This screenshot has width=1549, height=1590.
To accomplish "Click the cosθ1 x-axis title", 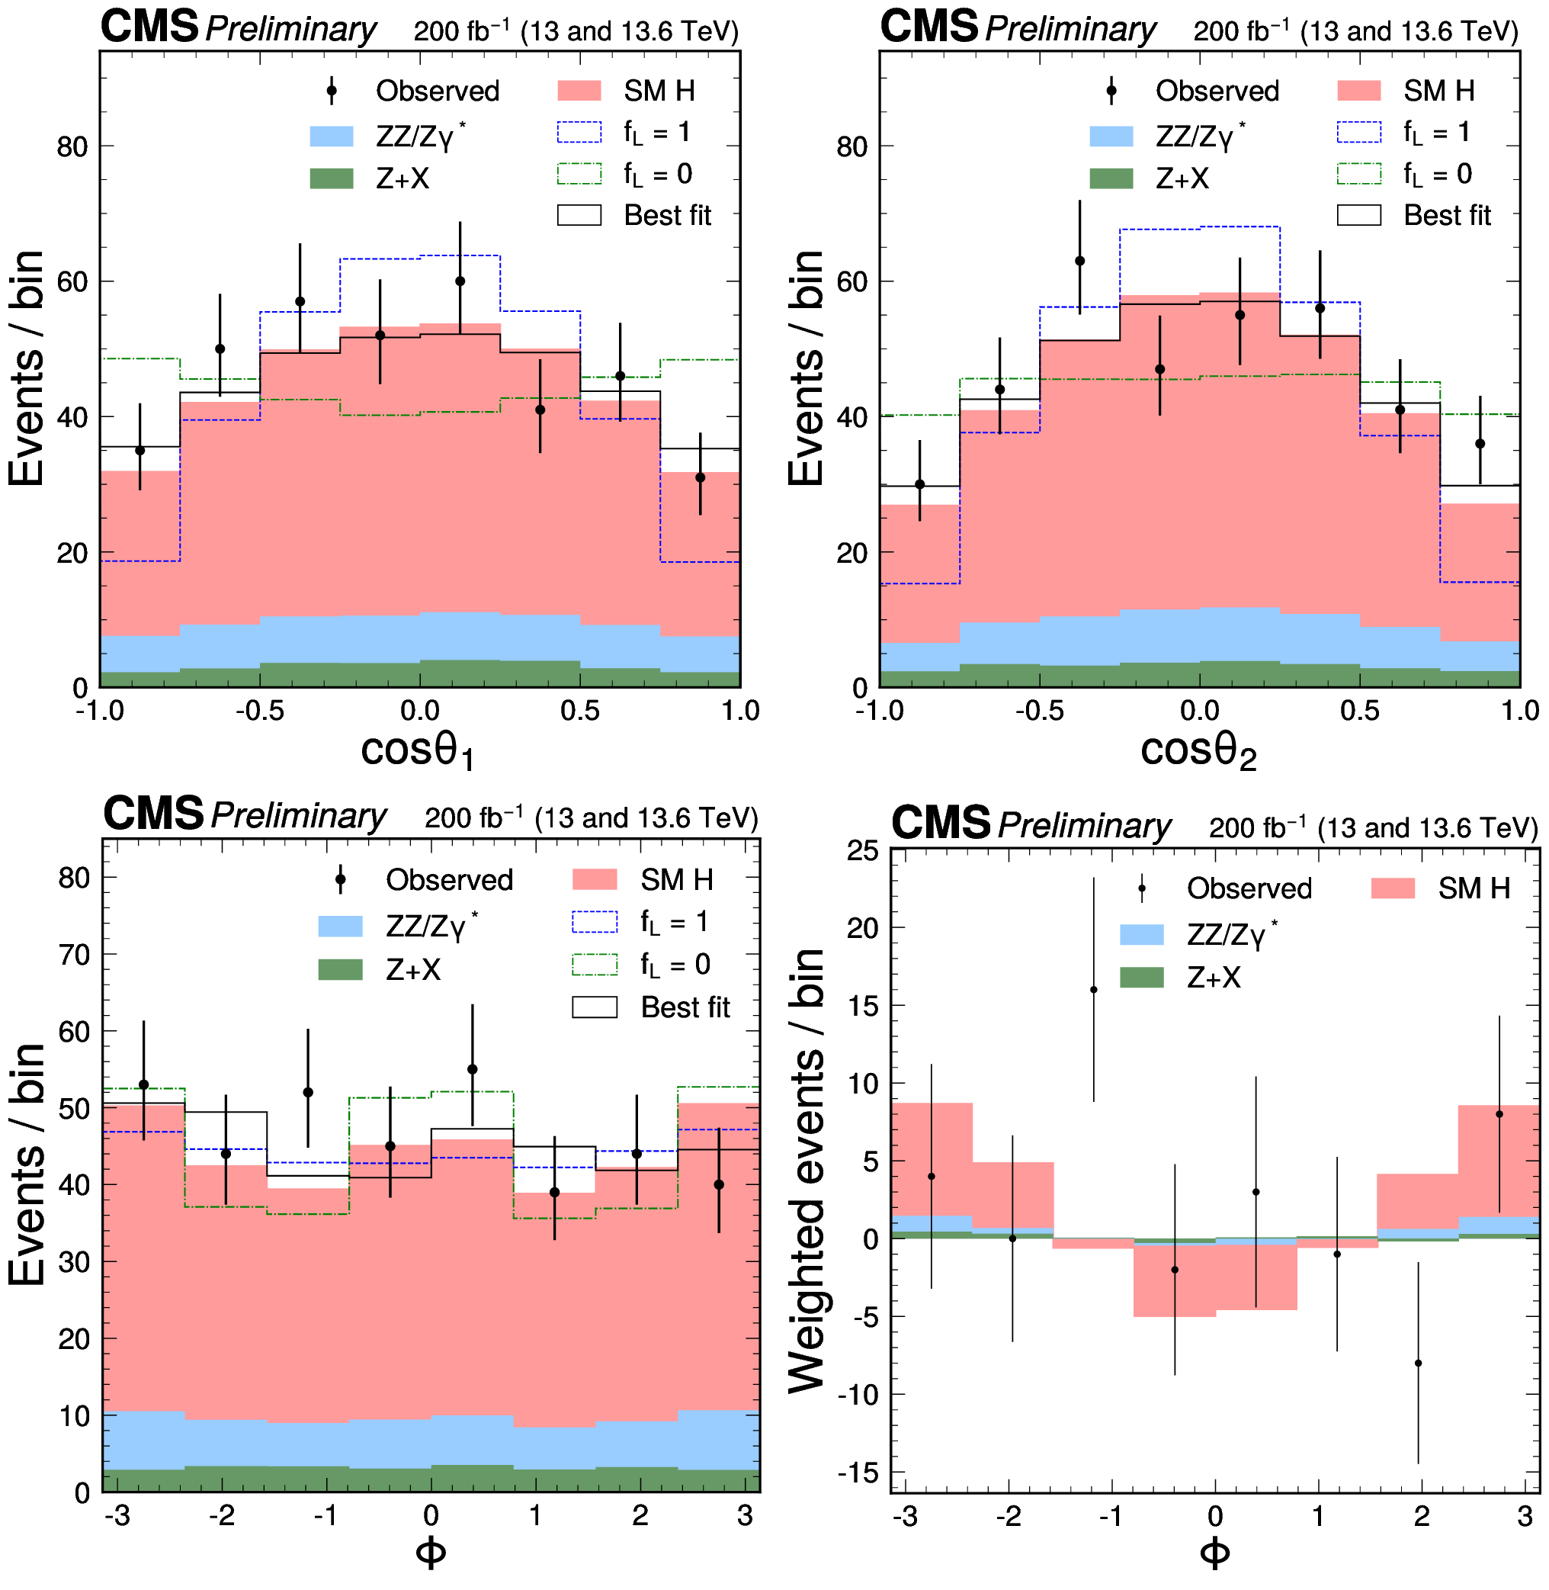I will click(x=417, y=750).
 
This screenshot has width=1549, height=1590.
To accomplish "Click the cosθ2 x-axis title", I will click(x=1198, y=750).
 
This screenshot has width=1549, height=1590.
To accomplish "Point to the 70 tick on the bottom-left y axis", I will click(x=74, y=955).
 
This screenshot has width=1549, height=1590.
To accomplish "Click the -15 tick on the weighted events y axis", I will click(x=862, y=1472).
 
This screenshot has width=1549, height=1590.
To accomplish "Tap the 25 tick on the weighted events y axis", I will click(x=862, y=851).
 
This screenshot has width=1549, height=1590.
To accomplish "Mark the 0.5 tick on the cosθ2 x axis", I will click(x=1359, y=711).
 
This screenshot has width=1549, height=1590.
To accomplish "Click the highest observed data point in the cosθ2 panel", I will click(x=1079, y=262).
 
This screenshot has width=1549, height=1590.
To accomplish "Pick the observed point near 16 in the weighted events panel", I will click(x=1093, y=990).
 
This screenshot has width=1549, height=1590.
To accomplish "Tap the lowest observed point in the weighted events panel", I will click(x=1418, y=1363).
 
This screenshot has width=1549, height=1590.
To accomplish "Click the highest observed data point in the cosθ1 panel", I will click(x=460, y=281).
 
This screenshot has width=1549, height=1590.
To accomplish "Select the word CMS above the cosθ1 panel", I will click(x=149, y=27).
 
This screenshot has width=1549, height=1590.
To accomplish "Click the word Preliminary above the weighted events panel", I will click(x=1085, y=825).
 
